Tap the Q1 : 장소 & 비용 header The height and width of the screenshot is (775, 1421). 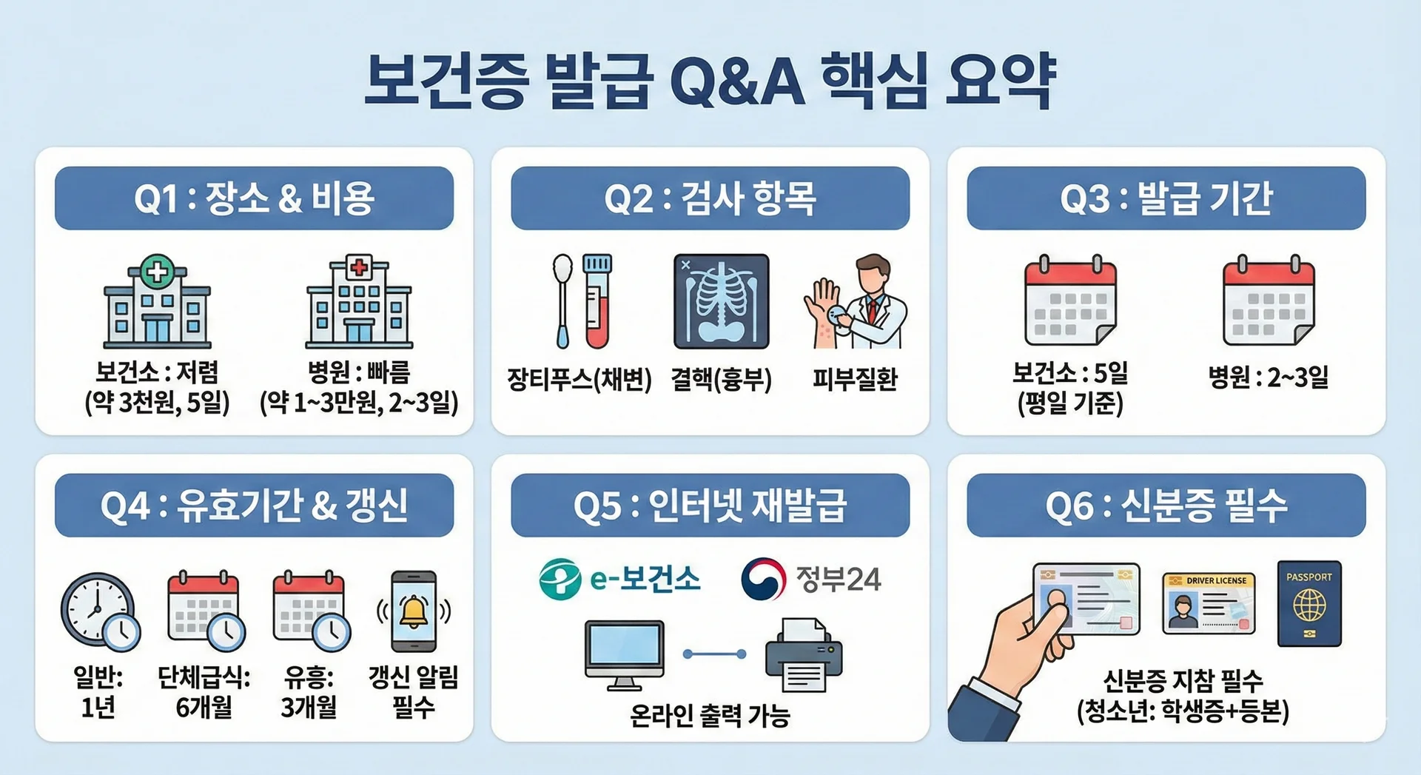click(254, 198)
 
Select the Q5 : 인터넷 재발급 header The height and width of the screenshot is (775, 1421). click(710, 506)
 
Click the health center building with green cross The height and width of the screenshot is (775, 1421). click(157, 301)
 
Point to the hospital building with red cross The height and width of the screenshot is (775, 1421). click(360, 301)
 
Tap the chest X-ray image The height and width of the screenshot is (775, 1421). click(721, 301)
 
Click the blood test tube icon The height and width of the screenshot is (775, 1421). click(597, 301)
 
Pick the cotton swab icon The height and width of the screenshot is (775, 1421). click(562, 301)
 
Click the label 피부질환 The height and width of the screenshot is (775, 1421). click(855, 380)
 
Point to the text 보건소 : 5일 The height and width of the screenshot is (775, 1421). click(1070, 372)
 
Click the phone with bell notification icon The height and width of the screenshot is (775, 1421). click(414, 611)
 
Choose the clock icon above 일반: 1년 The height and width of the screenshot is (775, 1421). click(100, 611)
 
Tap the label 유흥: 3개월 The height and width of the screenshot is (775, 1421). click(309, 691)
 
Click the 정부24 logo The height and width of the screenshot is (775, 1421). click(811, 579)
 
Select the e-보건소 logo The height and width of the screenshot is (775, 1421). click(619, 579)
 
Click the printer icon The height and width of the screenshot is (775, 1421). click(804, 655)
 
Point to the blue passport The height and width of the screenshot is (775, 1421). click(1309, 604)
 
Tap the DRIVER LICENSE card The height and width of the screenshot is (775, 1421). click(1209, 603)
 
